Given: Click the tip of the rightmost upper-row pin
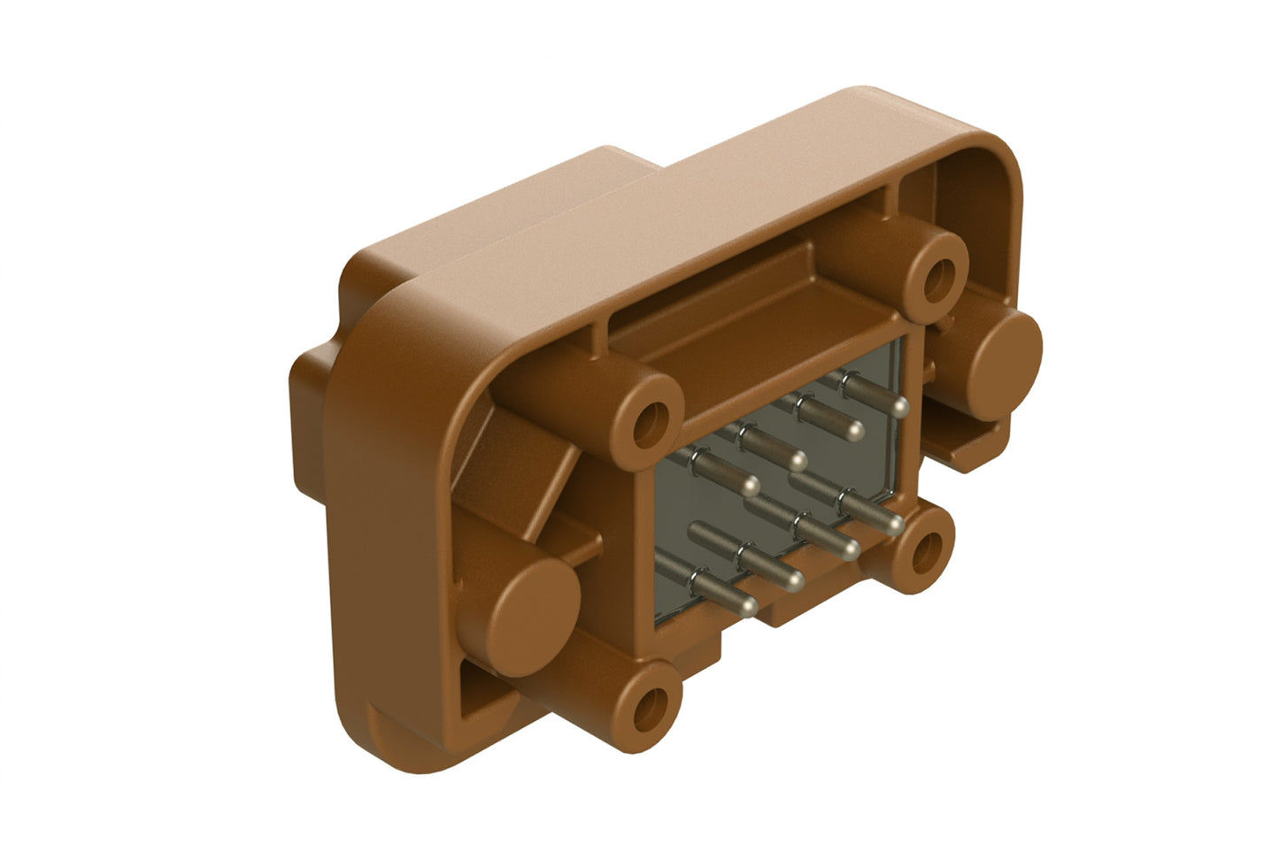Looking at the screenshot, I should pos(900,406).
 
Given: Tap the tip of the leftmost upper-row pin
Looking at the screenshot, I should pos(751,486).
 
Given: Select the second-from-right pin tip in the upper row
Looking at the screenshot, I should pos(854,431).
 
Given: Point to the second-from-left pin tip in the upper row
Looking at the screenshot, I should pos(797,460).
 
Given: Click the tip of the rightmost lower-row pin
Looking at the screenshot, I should pos(895,525).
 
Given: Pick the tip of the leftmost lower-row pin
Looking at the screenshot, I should pos(748,606).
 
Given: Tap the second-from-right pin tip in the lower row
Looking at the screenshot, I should pos(849,550).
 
